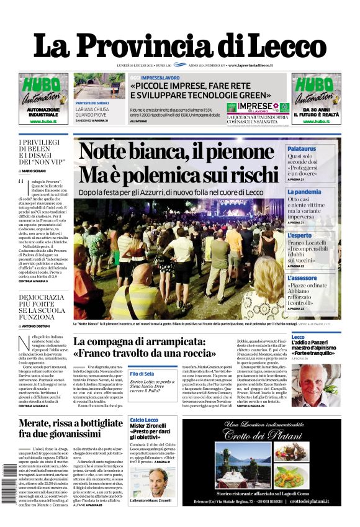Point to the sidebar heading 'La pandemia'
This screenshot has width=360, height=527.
click(304, 192)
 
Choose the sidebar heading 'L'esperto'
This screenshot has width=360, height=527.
click(300, 235)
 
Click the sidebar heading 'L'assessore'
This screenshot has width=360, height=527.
click(302, 278)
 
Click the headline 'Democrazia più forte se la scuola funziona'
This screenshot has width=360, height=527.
click(41, 307)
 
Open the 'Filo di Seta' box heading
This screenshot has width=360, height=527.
click(142, 373)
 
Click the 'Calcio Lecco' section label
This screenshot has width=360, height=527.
click(143, 420)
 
